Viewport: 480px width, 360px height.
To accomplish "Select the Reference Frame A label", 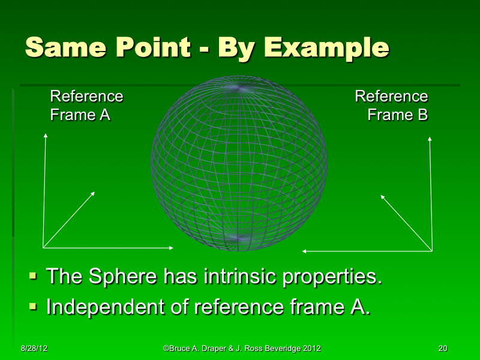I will tap(86, 106).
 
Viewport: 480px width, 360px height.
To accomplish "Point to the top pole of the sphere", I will tap(239, 88).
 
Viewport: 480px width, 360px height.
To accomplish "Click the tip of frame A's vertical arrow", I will tap(45, 134).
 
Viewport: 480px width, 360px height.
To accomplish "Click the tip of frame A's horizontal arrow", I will tap(173, 247).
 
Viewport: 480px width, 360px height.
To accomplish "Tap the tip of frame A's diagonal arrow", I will tap(95, 192).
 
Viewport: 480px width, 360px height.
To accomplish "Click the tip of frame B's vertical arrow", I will tap(430, 137).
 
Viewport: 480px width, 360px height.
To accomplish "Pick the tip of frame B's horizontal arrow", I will tap(302, 251).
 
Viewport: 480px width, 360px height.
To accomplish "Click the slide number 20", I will tap(443, 348).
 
